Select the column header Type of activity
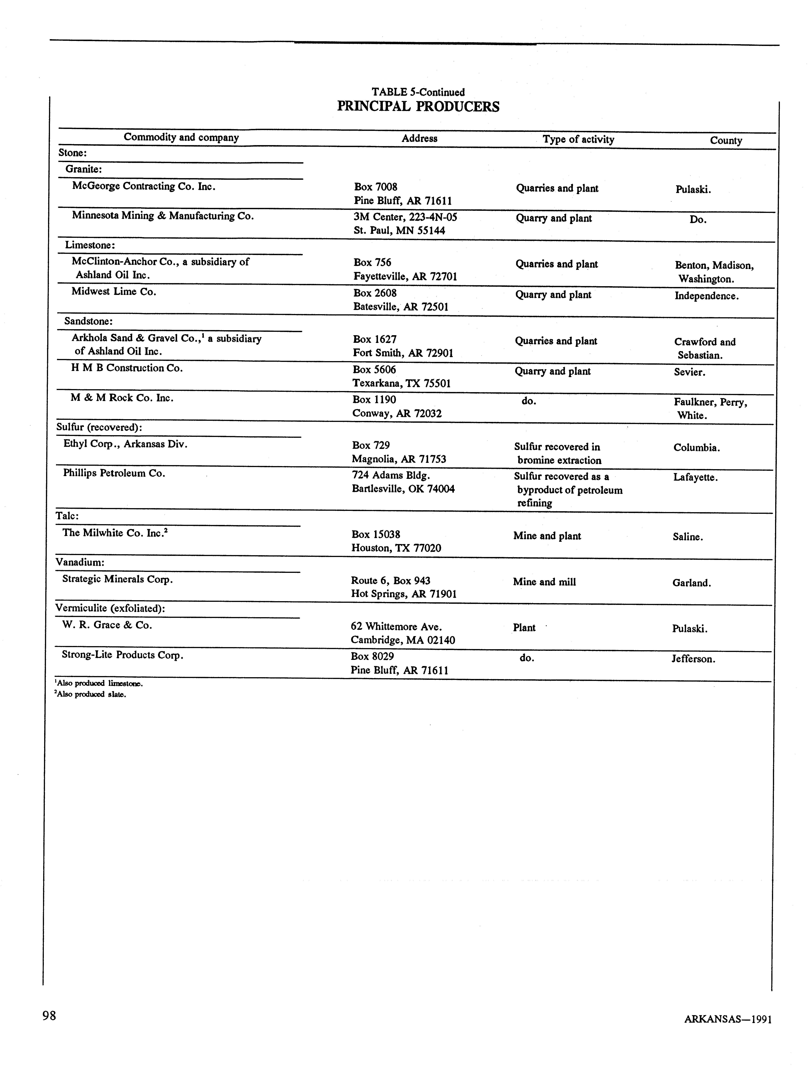coord(578,139)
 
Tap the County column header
coord(726,140)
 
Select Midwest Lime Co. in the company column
coord(114,292)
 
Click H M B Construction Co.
coord(127,368)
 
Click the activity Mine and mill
coord(544,582)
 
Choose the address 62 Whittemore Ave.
coord(396,627)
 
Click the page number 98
coord(49,1015)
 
